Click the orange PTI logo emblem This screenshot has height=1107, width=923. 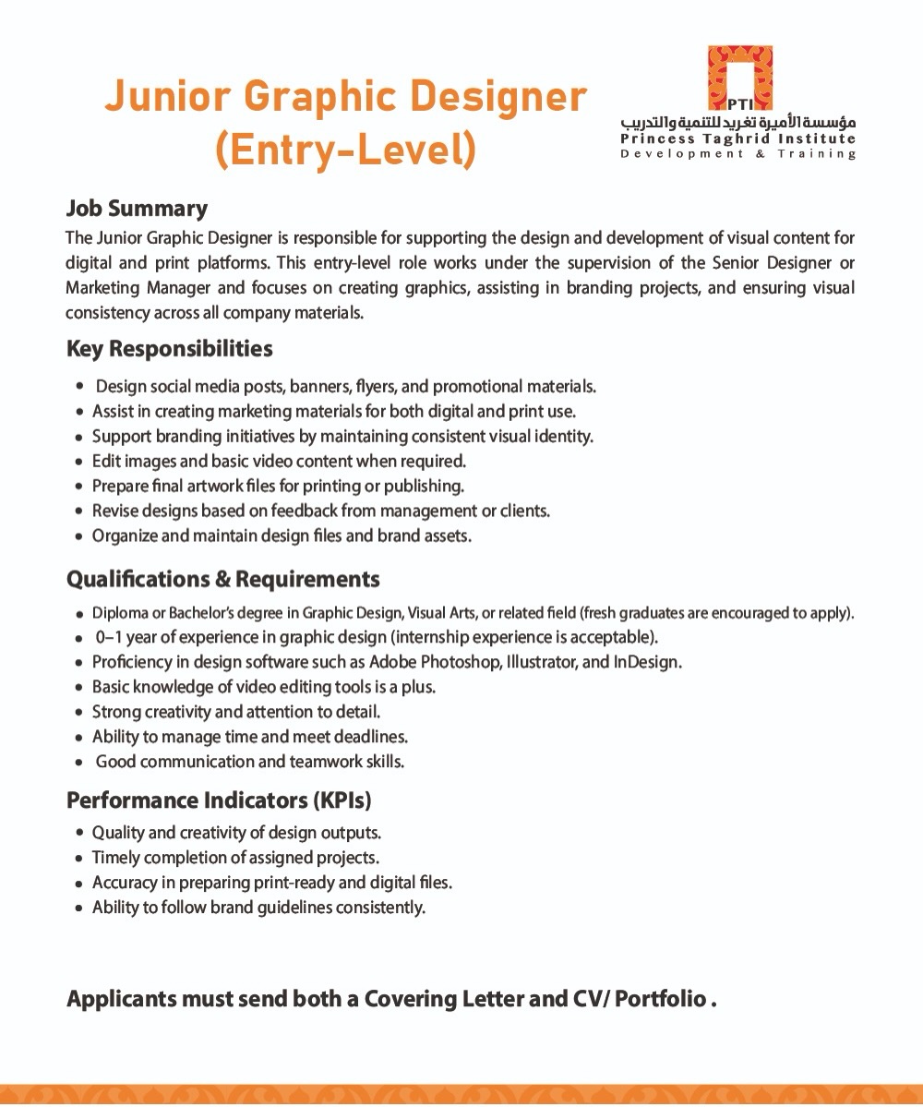[x=740, y=78]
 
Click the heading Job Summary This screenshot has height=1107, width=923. [x=137, y=209]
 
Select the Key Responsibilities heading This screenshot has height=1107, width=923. [x=169, y=349]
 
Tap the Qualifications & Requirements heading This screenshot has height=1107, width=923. [x=222, y=580]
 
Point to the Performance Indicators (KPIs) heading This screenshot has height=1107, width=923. [x=219, y=800]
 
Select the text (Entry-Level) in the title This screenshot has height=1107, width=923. [x=345, y=150]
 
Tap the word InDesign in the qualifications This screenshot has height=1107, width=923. [x=646, y=662]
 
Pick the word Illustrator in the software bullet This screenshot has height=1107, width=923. [x=543, y=662]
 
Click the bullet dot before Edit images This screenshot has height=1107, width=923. [x=80, y=461]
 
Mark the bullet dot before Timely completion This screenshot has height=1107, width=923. [x=80, y=859]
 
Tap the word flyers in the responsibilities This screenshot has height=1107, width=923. [x=375, y=386]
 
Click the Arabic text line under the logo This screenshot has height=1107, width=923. [x=738, y=123]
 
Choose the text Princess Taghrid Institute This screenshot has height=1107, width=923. [x=738, y=139]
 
